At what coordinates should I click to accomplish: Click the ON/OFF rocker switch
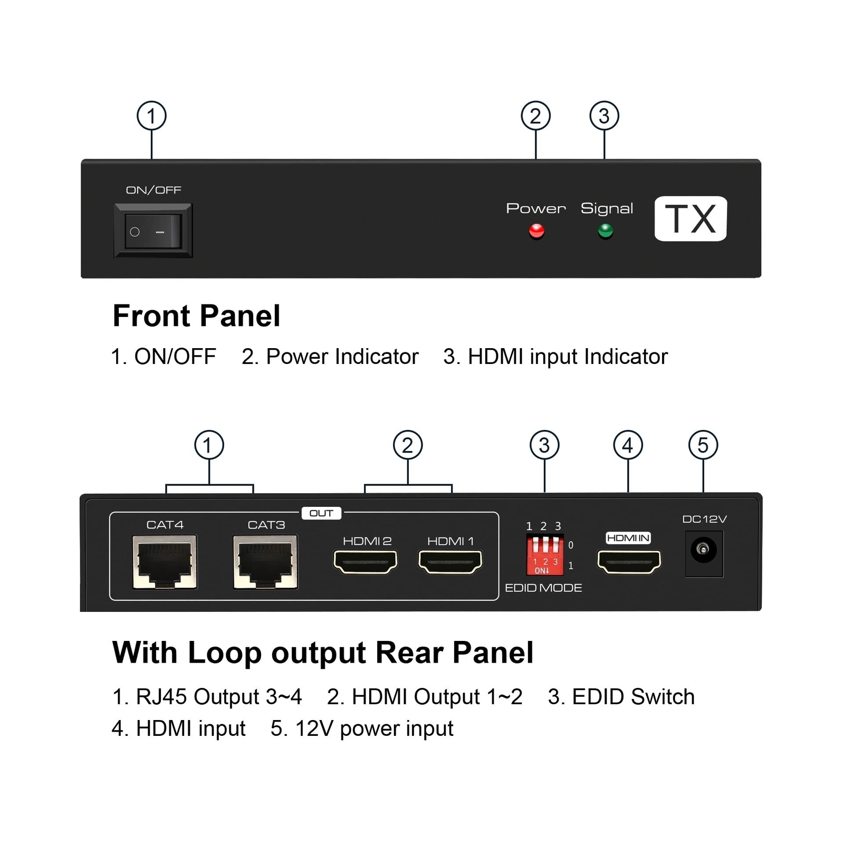(153, 231)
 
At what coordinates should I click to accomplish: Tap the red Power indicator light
(536, 231)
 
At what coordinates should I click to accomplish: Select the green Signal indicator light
(606, 231)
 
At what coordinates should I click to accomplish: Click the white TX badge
(690, 219)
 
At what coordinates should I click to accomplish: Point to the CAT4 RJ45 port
(165, 561)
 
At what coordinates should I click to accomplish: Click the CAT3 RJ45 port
(266, 561)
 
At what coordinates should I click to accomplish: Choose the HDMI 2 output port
(366, 562)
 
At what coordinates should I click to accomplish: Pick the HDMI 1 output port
(450, 562)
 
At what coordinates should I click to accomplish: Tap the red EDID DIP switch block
(545, 555)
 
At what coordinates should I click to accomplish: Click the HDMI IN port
(629, 562)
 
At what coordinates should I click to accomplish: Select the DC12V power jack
(704, 553)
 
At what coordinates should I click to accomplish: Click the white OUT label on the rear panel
(321, 513)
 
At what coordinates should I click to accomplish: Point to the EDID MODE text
(543, 588)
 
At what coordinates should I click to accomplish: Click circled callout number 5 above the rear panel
(703, 445)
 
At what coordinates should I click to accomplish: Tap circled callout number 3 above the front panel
(604, 116)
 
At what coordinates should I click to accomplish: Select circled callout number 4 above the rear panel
(628, 445)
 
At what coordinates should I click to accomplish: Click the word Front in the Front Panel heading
(152, 316)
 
